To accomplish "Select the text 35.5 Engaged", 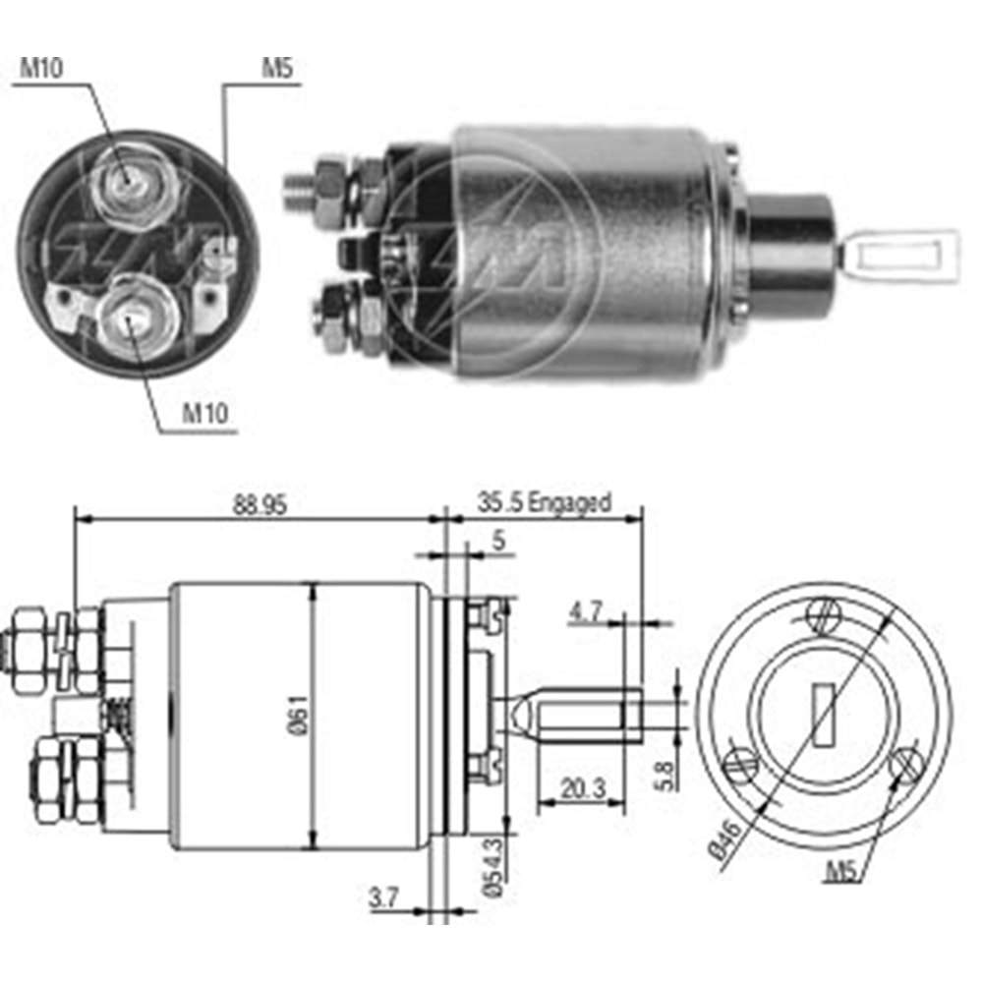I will pos(544,502).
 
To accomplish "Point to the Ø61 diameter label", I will pos(301,715).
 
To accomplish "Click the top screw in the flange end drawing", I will pos(823,615).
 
